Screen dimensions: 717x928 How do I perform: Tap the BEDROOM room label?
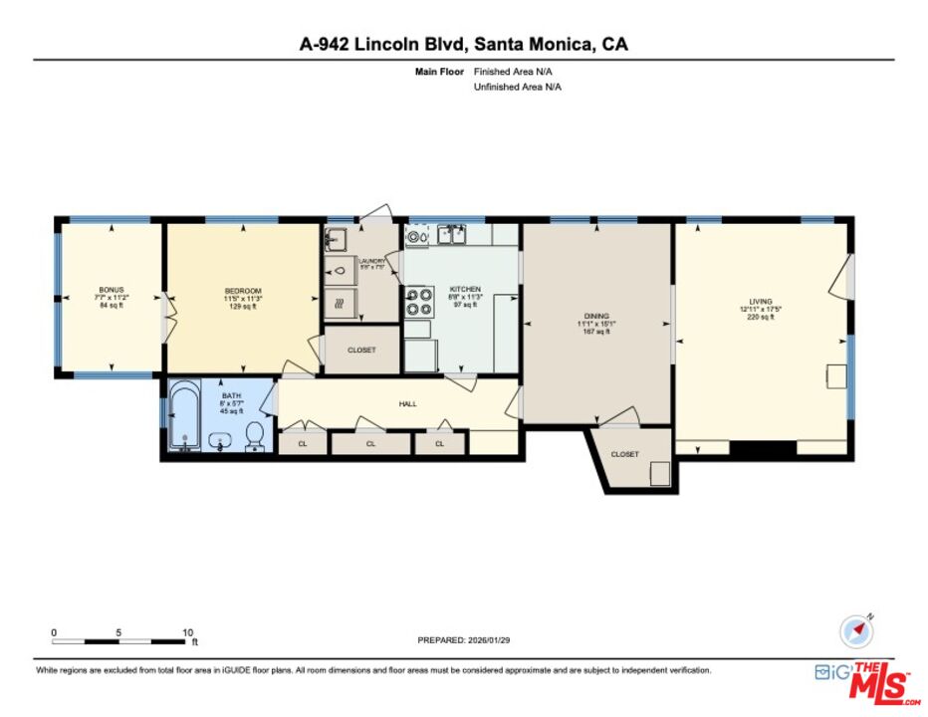pyautogui.click(x=243, y=290)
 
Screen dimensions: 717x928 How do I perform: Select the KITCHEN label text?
pyautogui.click(x=465, y=289)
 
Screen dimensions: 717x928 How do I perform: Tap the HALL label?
pyautogui.click(x=408, y=404)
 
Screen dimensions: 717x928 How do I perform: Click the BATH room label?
pyautogui.click(x=231, y=396)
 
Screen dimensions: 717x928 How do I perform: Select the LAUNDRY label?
pyautogui.click(x=371, y=261)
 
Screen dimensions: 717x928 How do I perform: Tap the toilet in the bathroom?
pyautogui.click(x=255, y=434)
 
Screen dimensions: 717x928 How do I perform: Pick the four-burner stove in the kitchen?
pyautogui.click(x=417, y=301)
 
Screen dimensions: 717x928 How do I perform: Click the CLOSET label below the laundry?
pyautogui.click(x=361, y=351)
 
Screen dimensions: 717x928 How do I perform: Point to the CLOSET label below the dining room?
pyautogui.click(x=624, y=454)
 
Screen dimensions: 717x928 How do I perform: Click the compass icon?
pyautogui.click(x=854, y=630)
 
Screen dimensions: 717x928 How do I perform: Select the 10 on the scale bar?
pyautogui.click(x=188, y=632)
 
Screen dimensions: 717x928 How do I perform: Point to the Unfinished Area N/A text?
pyautogui.click(x=517, y=87)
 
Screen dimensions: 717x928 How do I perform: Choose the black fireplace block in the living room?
pyautogui.click(x=763, y=449)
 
